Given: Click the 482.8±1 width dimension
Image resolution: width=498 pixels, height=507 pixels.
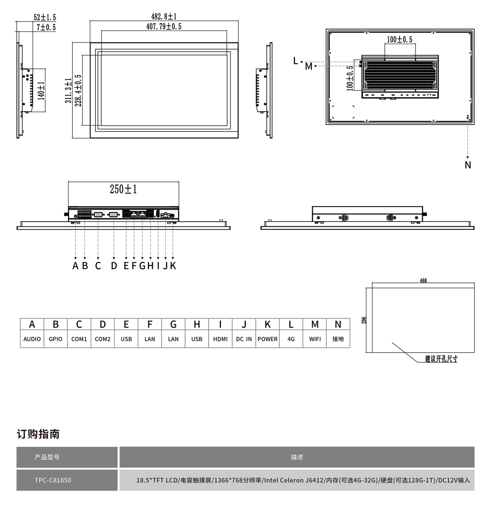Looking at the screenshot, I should [x=164, y=16].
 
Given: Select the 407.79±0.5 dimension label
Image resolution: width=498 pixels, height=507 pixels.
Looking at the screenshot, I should [x=164, y=26].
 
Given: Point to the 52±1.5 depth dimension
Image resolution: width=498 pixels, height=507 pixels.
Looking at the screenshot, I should [x=45, y=18].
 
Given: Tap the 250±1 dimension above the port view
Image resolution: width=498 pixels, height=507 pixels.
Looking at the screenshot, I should [x=123, y=189].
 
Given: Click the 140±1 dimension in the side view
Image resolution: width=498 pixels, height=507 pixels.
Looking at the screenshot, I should [x=41, y=91].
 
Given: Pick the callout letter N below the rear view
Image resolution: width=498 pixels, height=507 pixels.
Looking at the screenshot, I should [x=468, y=165].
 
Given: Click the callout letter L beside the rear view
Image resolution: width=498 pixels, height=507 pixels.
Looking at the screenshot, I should [x=296, y=61].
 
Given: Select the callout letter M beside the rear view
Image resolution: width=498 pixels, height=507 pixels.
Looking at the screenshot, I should [x=309, y=67].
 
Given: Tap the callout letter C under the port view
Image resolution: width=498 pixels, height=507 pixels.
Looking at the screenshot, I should [x=98, y=266].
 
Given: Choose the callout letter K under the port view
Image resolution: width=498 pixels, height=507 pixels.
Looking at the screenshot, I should [x=173, y=266].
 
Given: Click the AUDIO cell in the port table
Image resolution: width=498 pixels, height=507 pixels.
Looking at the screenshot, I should [x=32, y=339].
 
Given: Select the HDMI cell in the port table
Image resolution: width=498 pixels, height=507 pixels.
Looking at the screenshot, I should [x=220, y=339].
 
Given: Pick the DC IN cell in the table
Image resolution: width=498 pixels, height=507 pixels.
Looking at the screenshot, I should [x=244, y=339].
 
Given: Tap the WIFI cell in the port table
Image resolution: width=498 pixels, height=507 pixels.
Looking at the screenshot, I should [x=315, y=339].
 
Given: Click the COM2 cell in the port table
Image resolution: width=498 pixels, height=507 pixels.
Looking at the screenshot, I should [x=103, y=339].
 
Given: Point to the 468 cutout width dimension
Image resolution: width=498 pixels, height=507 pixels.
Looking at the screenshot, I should [x=423, y=281].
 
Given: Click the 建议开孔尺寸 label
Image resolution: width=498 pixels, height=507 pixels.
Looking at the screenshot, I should [x=441, y=359].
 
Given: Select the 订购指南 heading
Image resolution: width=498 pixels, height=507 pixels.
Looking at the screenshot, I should [x=38, y=434].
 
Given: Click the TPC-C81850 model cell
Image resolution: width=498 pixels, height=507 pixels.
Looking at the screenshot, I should [x=53, y=480].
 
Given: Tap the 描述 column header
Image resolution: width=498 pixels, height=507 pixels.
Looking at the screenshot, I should [x=297, y=457].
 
